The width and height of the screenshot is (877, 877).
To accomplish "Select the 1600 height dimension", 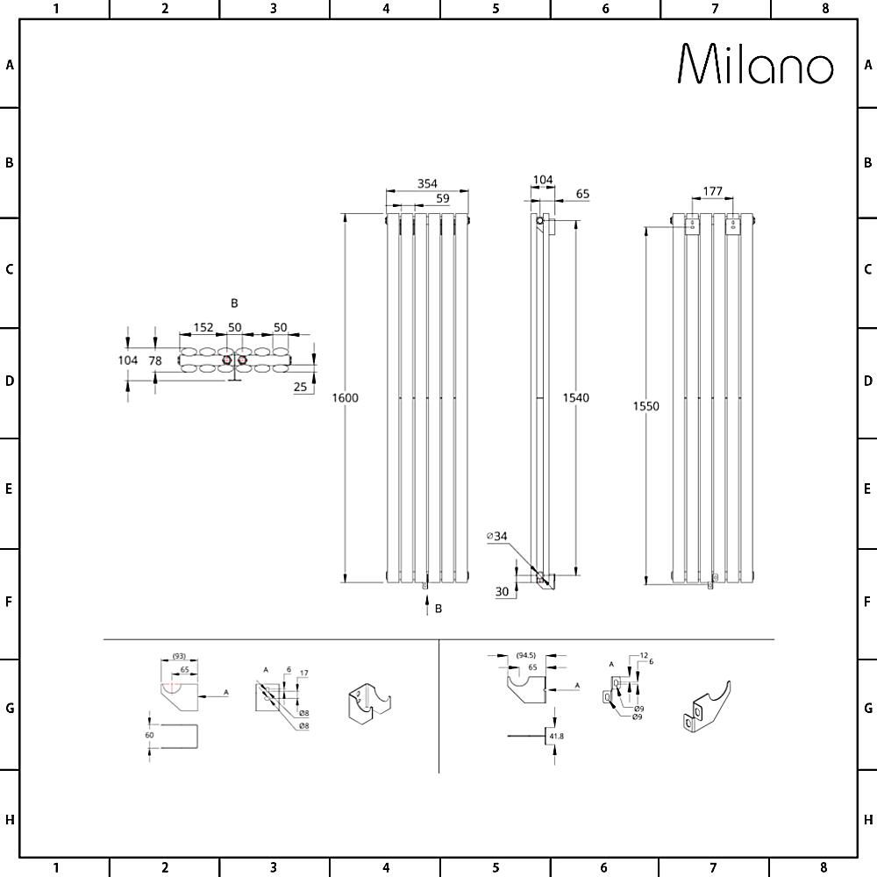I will [x=345, y=398].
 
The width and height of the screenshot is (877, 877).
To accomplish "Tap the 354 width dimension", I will [x=427, y=183].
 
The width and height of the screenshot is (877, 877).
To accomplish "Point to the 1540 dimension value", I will [x=576, y=398].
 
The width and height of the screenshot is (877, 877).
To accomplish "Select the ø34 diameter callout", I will [x=498, y=535].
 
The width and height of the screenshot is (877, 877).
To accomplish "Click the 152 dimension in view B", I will [x=203, y=327].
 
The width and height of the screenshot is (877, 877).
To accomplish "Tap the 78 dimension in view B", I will [x=155, y=360].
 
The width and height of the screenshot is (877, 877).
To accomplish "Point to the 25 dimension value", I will [x=301, y=386].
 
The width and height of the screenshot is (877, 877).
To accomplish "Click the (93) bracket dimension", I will [x=178, y=656].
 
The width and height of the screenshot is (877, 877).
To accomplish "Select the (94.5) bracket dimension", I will [x=526, y=655].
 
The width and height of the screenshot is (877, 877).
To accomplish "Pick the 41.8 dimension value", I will [x=555, y=737].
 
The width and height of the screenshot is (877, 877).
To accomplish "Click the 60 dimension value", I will [x=149, y=735].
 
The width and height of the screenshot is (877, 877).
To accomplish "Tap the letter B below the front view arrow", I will [x=438, y=609].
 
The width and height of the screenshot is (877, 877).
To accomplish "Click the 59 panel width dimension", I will [x=443, y=198].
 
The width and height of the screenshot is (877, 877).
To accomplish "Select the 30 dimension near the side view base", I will [x=502, y=592].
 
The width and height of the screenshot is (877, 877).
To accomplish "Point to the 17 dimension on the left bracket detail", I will [x=303, y=674].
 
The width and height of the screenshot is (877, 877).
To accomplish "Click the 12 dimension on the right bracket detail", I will [x=643, y=656].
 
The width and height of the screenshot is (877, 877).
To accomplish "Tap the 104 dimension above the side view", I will [x=543, y=180].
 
